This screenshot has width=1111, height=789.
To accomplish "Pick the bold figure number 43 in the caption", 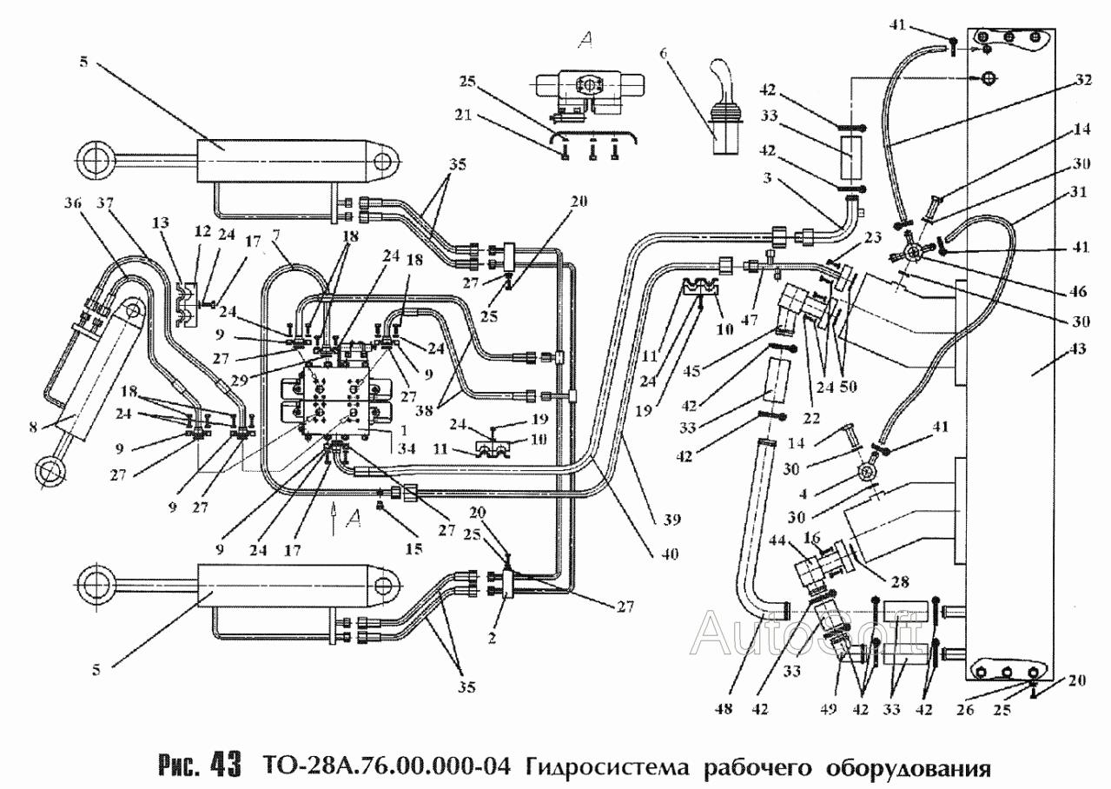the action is coord(226,766).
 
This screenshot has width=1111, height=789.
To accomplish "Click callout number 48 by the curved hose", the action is coord(724,709).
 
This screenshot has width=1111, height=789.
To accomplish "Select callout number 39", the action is coord(673,520).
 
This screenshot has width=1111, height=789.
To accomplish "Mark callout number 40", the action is coord(670,554).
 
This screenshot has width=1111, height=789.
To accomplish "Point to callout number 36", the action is coord(75,203).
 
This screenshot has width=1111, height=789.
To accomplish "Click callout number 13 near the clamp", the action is coord(162,222).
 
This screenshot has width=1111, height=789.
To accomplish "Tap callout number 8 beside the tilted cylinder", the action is coord(33,427).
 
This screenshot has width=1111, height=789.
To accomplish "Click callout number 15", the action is coord(413,549).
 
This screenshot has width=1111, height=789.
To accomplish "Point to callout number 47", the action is coord(750,320).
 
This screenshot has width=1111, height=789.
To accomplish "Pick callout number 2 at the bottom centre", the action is coord(492,638).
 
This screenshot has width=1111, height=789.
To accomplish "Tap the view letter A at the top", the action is coord(585,40).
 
